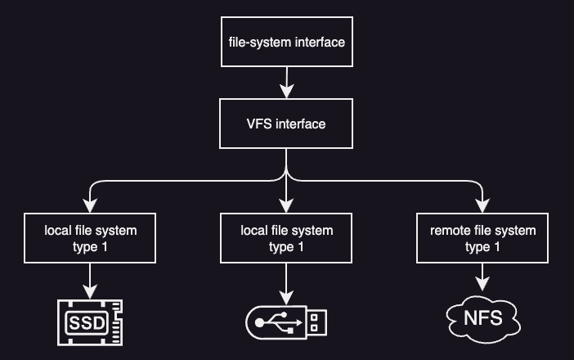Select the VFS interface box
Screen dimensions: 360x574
pyautogui.click(x=286, y=124)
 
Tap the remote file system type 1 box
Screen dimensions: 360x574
pyautogui.click(x=482, y=239)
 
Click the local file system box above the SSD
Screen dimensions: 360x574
pyautogui.click(x=90, y=239)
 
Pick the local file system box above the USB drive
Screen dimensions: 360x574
pyautogui.click(x=286, y=239)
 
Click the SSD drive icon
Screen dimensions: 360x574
pyautogui.click(x=90, y=322)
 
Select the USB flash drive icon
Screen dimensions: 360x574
pyautogui.click(x=286, y=322)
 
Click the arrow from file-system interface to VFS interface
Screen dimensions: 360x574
pyautogui.click(x=286, y=83)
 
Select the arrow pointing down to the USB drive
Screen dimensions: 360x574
pyautogui.click(x=286, y=282)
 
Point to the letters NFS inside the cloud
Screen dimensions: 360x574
pyautogui.click(x=482, y=316)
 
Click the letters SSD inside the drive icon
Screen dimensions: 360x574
pyautogui.click(x=87, y=322)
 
